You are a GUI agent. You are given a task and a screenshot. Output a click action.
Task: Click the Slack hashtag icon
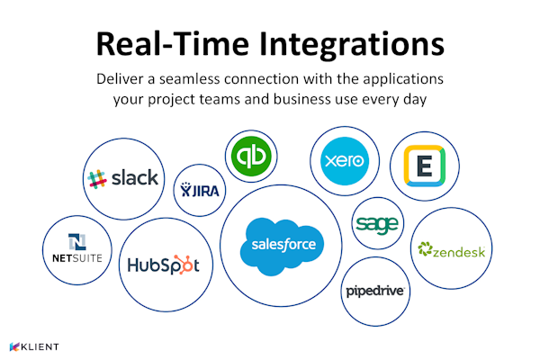coord(97,179)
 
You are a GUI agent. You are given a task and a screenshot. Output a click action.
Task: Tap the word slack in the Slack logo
coord(135,178)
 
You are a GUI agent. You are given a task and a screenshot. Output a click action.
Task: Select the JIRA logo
coord(200,190)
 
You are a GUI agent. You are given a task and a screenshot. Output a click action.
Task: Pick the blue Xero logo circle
coord(345,161)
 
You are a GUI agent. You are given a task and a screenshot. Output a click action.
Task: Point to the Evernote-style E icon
coord(424,166)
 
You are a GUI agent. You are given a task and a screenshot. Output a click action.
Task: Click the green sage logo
coord(377,225)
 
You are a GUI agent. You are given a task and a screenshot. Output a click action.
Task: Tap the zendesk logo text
coord(459,252)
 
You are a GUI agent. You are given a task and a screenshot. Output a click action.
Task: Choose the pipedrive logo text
coord(375,292)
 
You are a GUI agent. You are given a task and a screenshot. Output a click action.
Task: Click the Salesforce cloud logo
coord(282,246)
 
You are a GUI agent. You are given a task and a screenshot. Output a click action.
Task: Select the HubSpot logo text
coord(163,265)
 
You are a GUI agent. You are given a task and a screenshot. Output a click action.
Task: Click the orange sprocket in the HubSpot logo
coord(183,265)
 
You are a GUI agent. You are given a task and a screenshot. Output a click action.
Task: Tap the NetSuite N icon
coord(77,241)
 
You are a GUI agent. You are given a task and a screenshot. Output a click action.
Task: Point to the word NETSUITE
coord(77,258)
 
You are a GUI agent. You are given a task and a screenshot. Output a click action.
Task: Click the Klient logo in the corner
coord(34,346)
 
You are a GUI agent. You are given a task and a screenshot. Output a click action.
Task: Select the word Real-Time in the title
coord(173,44)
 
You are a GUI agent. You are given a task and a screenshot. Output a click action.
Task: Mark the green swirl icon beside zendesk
coord(425,248)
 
